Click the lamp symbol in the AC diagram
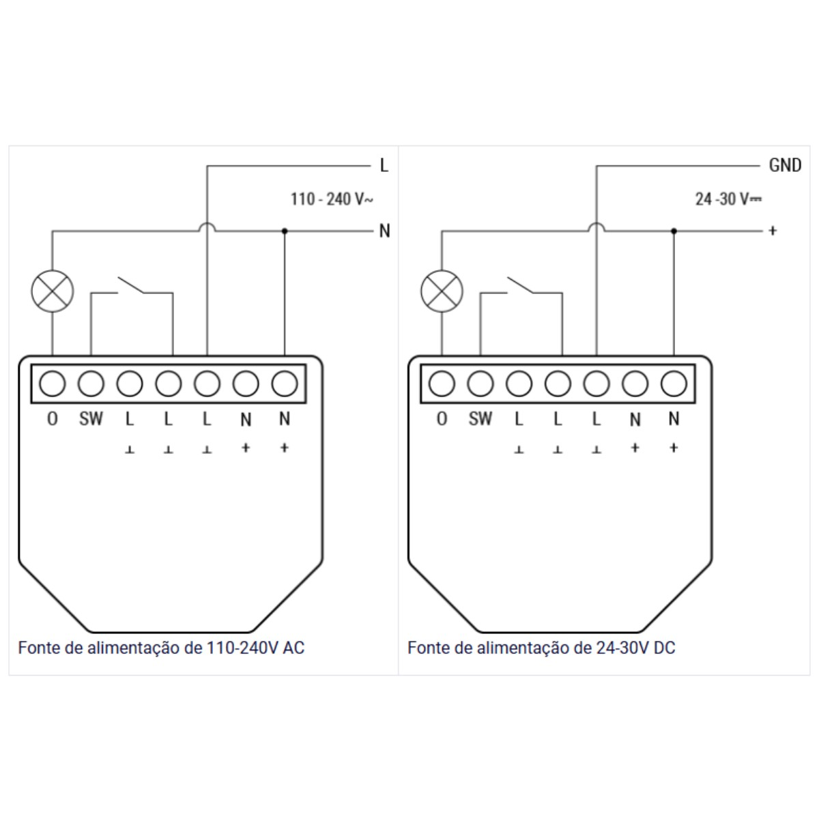coord(53,291)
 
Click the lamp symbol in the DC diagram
coord(442,291)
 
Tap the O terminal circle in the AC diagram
coord(53,384)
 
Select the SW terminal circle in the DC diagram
coord(480,384)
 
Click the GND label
coord(785,165)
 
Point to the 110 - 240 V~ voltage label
coord(332,199)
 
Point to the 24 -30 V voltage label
coord(728,199)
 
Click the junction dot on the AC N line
coord(285,231)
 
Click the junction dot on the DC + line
coord(674,231)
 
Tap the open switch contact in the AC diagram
coord(131,285)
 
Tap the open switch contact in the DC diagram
coord(520,285)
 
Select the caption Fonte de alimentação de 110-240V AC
coord(161,648)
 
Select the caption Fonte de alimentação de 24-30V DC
coord(541,648)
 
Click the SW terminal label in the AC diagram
coord(91,419)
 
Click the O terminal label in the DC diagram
coord(442,419)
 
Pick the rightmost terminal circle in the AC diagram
coord(285,384)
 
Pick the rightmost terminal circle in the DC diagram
coord(674,384)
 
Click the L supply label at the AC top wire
coord(384,165)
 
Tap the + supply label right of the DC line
coord(773,231)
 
